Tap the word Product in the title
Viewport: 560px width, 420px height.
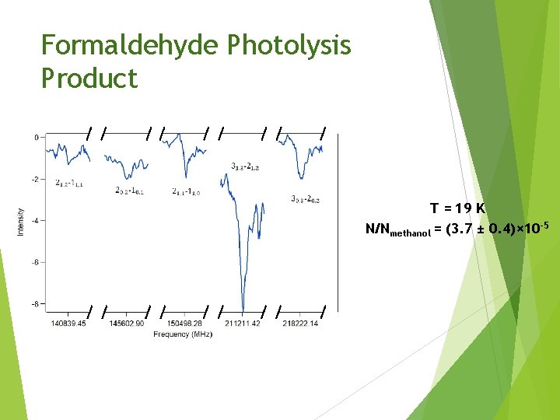pos(89,79)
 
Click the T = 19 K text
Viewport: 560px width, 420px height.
pos(458,208)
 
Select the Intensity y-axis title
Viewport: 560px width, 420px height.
pos(21,221)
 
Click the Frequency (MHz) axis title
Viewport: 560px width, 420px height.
pos(183,334)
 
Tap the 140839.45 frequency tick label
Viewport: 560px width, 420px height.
pos(68,324)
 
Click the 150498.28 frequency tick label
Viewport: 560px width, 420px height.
pos(184,324)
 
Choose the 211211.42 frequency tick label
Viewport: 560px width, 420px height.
pos(242,324)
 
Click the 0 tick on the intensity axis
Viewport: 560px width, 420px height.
pos(36,138)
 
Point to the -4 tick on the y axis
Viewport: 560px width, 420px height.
pos(34,221)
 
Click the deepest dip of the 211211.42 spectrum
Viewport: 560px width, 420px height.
pos(243,309)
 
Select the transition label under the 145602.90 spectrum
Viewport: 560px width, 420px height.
pos(130,190)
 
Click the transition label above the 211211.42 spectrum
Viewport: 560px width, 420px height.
pos(246,166)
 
